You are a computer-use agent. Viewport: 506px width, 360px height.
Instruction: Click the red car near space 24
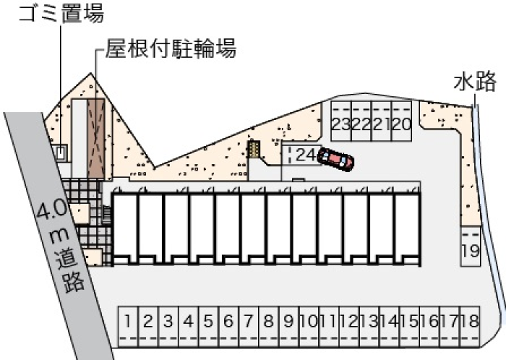click(x=335, y=159)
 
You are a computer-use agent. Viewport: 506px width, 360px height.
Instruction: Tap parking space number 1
click(x=128, y=326)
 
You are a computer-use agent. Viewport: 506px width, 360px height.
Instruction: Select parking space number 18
click(x=470, y=326)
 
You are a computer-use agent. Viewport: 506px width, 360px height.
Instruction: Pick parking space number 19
click(x=470, y=246)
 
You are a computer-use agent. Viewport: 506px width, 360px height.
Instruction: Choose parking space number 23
click(x=341, y=121)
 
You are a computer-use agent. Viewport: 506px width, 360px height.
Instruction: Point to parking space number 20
click(x=401, y=121)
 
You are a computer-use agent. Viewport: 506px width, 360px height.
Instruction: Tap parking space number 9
click(x=289, y=326)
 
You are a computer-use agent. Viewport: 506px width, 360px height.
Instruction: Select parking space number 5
click(x=208, y=326)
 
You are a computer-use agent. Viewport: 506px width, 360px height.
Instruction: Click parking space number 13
click(x=369, y=326)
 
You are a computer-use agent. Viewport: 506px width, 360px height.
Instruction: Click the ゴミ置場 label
click(x=61, y=13)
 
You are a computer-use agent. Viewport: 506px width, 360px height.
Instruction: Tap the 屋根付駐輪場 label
click(x=171, y=48)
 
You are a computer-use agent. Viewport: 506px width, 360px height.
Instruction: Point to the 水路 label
click(x=475, y=82)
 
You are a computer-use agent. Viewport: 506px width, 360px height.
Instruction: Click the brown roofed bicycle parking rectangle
click(x=96, y=139)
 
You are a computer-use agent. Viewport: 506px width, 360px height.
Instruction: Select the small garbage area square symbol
click(x=60, y=153)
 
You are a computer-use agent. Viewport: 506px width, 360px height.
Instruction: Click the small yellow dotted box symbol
click(x=254, y=149)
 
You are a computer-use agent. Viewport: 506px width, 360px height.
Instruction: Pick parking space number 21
click(x=382, y=121)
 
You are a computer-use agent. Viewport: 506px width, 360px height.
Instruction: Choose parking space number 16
click(x=429, y=326)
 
